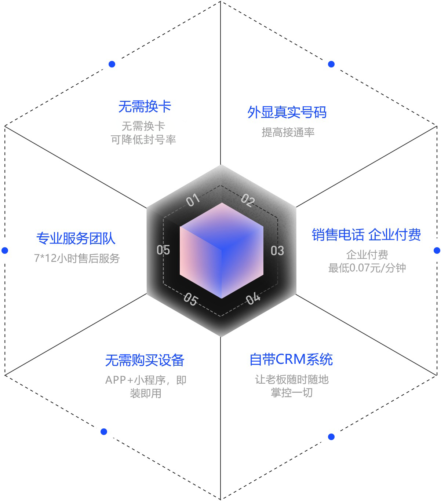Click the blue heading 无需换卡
tap(145, 107)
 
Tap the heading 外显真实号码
tap(287, 112)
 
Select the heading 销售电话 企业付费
tap(366, 234)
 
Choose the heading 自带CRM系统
tap(291, 359)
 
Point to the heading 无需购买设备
tap(145, 360)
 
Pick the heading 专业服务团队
tap(76, 238)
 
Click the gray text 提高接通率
tap(288, 132)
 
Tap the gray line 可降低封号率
tap(143, 140)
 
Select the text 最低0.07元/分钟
tap(367, 268)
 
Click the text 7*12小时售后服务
tap(77, 258)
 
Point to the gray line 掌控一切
tap(292, 393)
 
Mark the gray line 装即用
tap(146, 393)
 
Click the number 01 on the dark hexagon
tap(193, 200)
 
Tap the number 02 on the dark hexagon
tap(248, 200)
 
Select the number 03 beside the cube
tap(277, 251)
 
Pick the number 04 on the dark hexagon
tap(253, 299)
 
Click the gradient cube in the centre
tap(221, 251)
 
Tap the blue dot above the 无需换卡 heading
tap(112, 64)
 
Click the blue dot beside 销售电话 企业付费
tap(437, 251)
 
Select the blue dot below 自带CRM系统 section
tap(331, 437)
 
